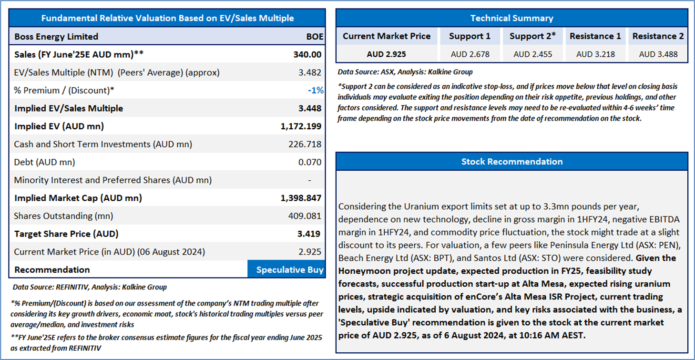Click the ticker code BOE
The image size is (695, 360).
point(315,37)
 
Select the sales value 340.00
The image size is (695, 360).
point(307,55)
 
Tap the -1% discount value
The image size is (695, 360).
point(316,91)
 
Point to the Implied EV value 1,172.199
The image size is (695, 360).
point(301,126)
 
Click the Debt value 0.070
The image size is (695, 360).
point(310,162)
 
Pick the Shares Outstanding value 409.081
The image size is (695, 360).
point(305,216)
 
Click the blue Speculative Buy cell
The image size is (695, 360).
point(286,270)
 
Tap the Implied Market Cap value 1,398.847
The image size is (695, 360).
point(301,198)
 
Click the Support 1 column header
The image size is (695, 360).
point(470,36)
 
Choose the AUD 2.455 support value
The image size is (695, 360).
point(532,54)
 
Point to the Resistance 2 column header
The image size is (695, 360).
point(658,36)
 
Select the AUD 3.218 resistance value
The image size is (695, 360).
point(595,54)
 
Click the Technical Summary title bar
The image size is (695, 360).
point(511,19)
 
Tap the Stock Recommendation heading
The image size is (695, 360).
point(511,162)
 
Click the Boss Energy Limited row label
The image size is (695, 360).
point(56,37)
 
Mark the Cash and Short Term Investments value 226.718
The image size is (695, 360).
point(305,144)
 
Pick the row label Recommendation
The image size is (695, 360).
point(52,270)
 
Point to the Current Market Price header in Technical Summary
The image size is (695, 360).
point(387,36)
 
